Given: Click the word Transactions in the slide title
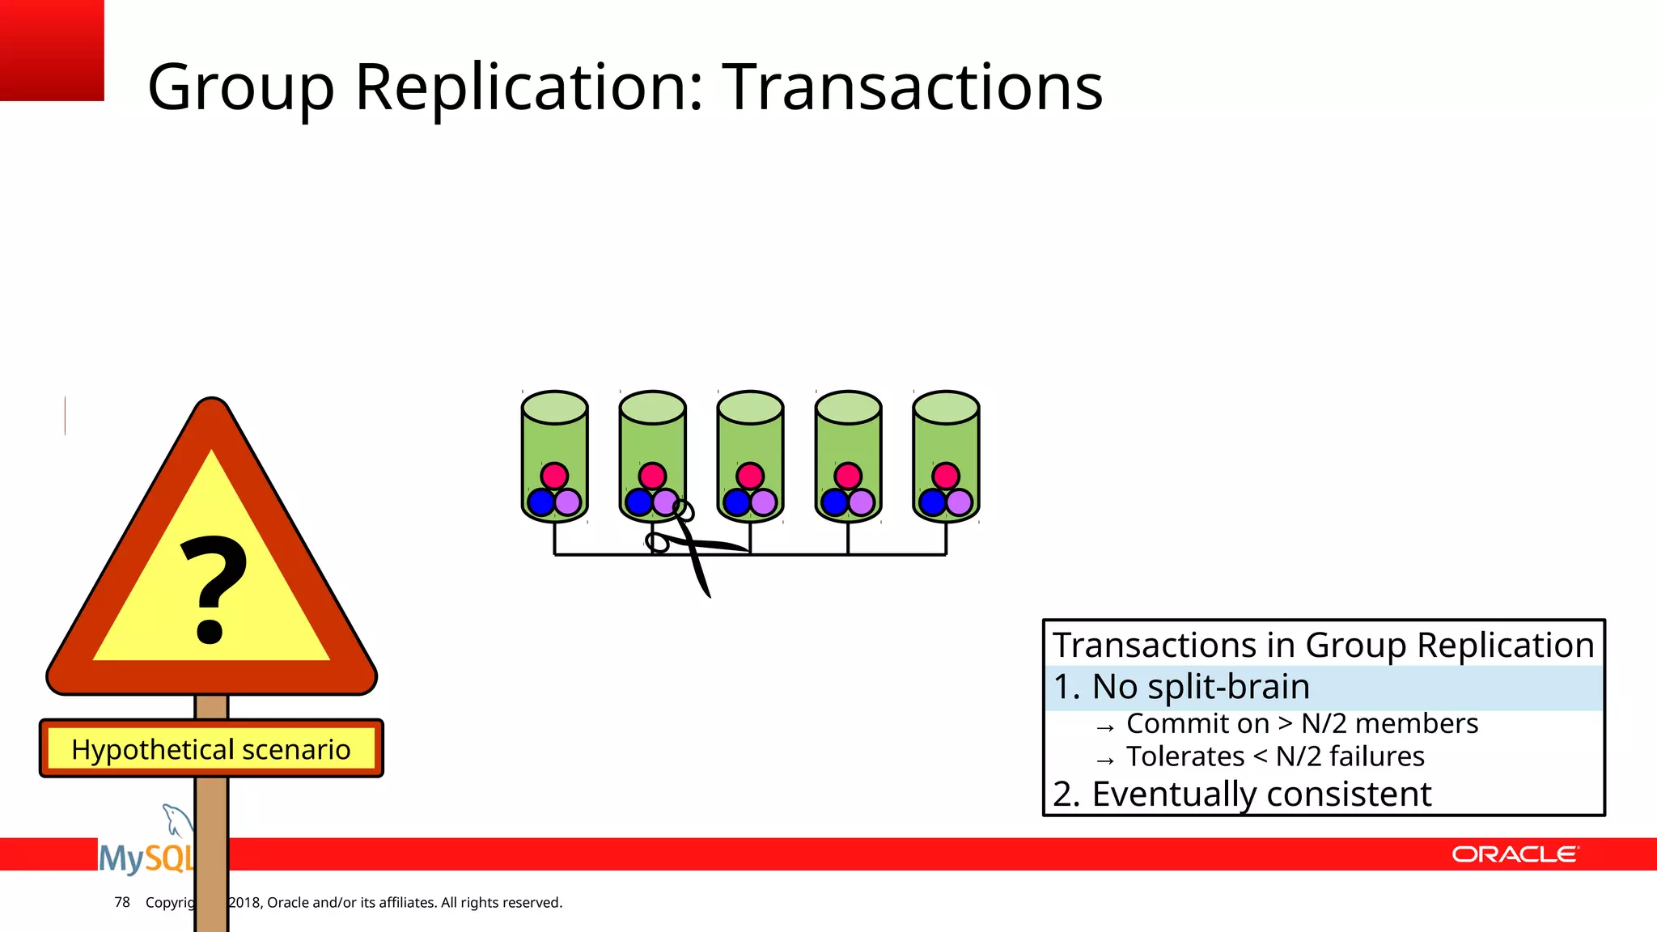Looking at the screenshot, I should coord(912,87).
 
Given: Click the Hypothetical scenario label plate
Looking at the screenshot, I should coord(211,749).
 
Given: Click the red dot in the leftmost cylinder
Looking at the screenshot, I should coord(554,476).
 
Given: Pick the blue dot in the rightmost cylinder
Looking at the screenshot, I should coord(933,502).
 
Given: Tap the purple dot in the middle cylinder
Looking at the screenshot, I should coord(764,502).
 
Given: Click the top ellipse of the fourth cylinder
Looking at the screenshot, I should coord(848,407).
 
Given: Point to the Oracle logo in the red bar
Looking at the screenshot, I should coord(1515,854).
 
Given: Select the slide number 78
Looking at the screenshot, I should coord(122,902).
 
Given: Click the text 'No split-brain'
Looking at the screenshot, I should coord(1201,687).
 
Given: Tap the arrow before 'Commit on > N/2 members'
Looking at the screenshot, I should coord(1105,727).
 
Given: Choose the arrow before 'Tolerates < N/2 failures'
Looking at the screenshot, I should coord(1105,760).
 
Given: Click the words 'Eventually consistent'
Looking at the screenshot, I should coord(1261,794).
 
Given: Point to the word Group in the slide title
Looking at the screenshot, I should coord(240,87).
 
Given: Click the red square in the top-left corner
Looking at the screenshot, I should coord(52,50).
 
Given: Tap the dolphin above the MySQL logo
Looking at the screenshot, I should coord(176,819).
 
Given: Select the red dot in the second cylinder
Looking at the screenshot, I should coord(652,476).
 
